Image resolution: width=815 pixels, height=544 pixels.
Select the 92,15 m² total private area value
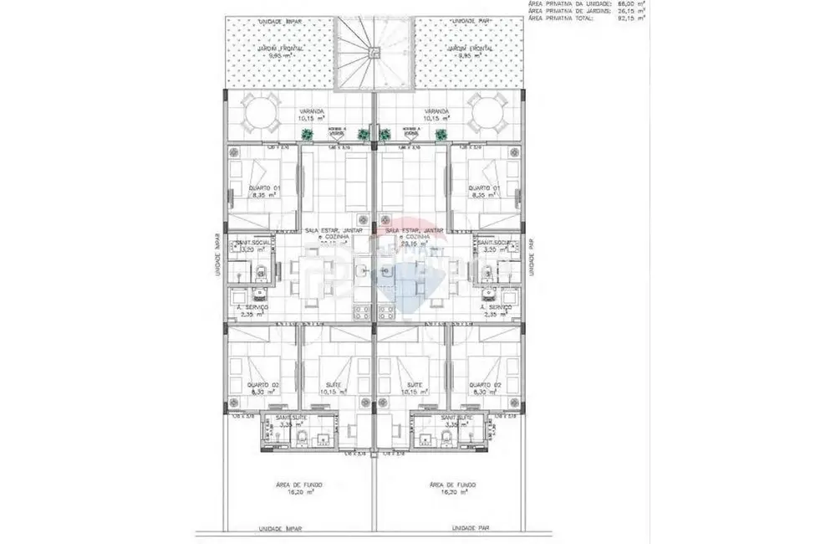tap(629, 18)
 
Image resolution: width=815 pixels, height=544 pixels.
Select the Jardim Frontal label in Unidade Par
tap(469, 49)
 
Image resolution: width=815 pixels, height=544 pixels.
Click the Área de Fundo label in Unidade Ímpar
tap(300, 485)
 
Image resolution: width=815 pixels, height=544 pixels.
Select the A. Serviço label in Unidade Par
tap(497, 308)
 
